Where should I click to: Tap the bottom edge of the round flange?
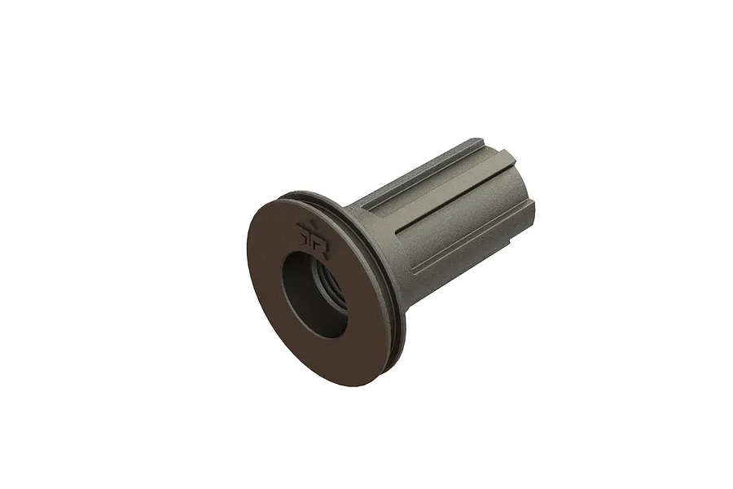click(326, 382)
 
